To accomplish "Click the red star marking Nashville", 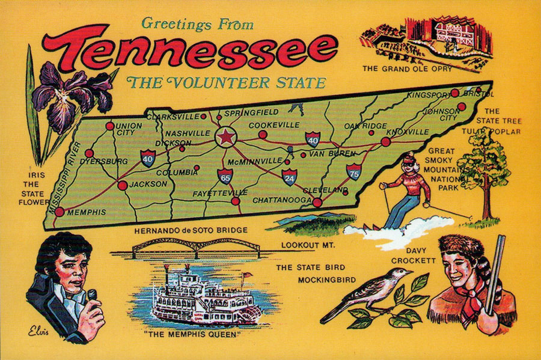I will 225,138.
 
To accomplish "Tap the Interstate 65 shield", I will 225,177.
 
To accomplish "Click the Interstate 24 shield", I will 290,177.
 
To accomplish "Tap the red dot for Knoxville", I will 385,142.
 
